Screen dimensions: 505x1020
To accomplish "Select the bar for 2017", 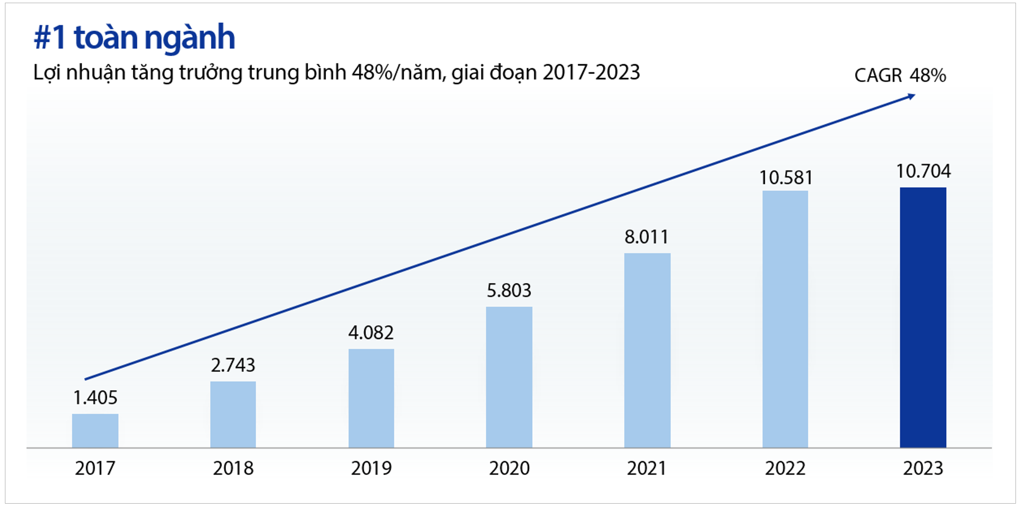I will [x=95, y=431].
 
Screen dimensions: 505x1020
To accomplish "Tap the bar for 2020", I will [x=509, y=377].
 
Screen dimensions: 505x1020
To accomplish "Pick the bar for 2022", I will [x=785, y=319].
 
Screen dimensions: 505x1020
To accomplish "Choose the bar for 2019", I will [x=371, y=398].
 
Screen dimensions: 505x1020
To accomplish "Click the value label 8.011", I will [x=646, y=237].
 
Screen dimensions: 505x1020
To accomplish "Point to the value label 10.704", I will [x=923, y=171].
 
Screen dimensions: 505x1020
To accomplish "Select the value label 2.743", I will [x=233, y=365].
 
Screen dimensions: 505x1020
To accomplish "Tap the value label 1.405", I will [x=95, y=398].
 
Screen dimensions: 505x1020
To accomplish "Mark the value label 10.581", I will [x=786, y=178].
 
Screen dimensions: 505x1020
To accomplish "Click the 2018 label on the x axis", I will [x=233, y=468].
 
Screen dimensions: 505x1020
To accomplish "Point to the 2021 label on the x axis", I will [x=647, y=468].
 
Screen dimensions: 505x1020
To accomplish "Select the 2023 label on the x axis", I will [x=923, y=468].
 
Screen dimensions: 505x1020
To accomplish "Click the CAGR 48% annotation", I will [x=900, y=75].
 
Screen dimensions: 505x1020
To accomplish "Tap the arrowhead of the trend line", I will [x=911, y=96].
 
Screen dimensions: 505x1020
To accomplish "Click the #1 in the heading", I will [x=49, y=38].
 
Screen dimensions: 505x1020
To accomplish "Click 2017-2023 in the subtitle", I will [x=591, y=73].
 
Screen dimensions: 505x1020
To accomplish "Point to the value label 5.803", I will [x=509, y=291].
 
